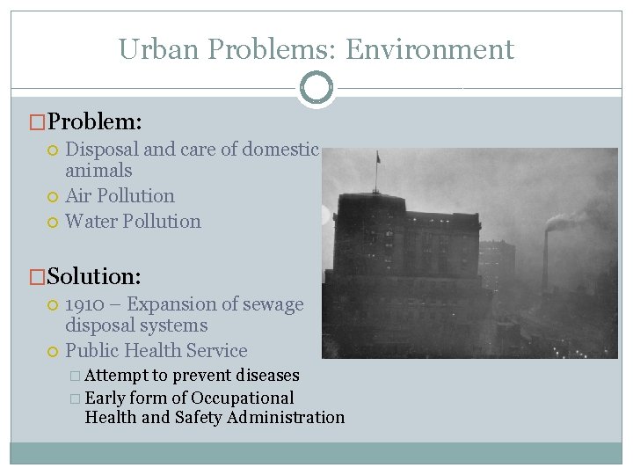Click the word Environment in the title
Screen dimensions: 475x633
(429, 50)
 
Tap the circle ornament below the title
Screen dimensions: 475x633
(316, 87)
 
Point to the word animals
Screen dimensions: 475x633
(98, 171)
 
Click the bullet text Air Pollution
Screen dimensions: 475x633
(120, 195)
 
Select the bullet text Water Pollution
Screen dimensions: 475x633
(133, 221)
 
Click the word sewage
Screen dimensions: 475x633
(274, 304)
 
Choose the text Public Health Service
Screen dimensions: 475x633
(156, 351)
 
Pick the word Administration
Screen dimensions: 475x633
(286, 418)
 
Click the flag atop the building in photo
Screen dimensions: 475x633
(378, 158)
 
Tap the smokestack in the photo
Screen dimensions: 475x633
(546, 259)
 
